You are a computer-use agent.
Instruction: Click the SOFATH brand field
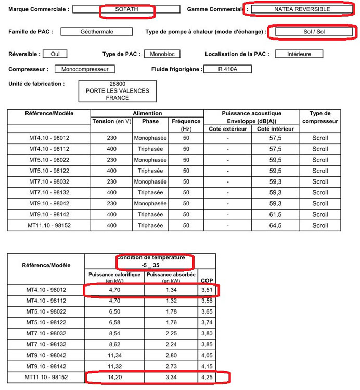(126, 9)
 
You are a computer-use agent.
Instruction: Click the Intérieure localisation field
(298, 54)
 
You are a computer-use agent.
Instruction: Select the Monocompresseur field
(84, 69)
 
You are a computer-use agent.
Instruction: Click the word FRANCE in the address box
(117, 98)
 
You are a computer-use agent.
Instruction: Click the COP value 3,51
(208, 290)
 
